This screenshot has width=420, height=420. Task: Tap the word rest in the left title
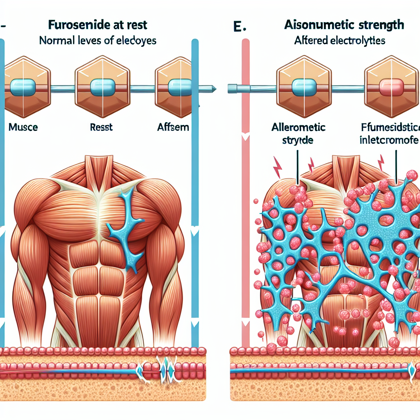pos(138,25)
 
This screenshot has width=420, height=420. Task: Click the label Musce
pos(23,127)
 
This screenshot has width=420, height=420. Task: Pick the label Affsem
pos(173,127)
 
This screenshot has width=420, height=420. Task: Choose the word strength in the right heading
pos(379,25)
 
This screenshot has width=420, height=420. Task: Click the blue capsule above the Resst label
pos(103,87)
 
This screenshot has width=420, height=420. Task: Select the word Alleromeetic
pos(298,127)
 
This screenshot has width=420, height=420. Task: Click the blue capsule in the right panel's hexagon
pos(302,87)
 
